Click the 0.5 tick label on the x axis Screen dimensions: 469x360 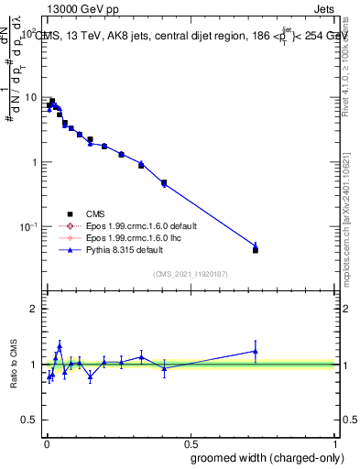coord(191,441)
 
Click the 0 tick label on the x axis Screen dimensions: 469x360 coord(47,441)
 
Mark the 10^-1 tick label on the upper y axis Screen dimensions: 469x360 coord(28,226)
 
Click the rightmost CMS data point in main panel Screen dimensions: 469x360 coord(256,250)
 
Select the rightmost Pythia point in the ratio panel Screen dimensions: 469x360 coord(256,351)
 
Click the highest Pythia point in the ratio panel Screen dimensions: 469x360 coord(60,346)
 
